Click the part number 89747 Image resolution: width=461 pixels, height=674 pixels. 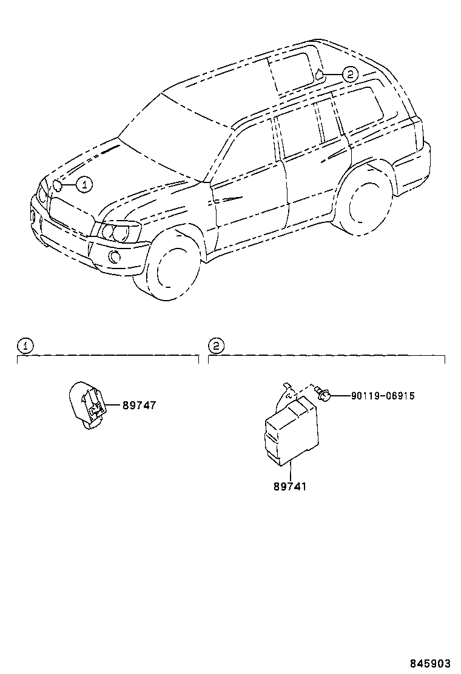coord(139,405)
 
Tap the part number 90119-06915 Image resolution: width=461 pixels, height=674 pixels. coord(382,396)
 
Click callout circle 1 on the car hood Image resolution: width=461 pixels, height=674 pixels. coord(84,184)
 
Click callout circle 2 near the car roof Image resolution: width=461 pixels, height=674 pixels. coord(350,75)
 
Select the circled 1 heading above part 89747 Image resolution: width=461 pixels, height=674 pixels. coord(25,346)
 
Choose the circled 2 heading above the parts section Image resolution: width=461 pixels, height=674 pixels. coord(217,346)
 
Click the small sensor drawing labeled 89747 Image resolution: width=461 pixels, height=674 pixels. coord(87,405)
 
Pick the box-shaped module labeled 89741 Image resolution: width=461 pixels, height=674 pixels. coord(289,432)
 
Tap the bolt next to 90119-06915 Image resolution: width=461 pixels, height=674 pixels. coord(325,395)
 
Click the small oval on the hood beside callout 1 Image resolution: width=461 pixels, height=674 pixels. coord(59,185)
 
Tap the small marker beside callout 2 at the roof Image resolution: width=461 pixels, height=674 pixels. coord(318,76)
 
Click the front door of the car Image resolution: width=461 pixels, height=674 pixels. coord(249,182)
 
